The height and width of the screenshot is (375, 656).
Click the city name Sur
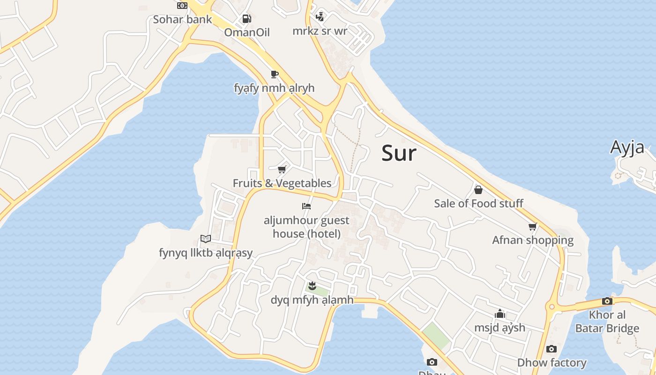(399, 153)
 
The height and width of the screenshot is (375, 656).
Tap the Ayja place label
(627, 147)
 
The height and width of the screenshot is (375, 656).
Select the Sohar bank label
(182, 20)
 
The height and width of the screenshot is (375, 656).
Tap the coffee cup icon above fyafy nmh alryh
(275, 74)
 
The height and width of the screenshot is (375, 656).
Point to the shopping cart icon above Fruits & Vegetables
(282, 169)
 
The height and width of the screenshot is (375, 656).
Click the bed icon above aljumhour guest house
(306, 206)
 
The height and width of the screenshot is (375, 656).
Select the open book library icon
(206, 239)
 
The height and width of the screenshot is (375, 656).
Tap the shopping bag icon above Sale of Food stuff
(478, 189)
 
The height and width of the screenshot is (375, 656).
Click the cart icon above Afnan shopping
(533, 226)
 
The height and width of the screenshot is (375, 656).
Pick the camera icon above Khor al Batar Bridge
(607, 301)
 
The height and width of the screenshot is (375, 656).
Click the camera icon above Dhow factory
(552, 349)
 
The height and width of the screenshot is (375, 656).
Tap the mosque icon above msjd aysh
(500, 313)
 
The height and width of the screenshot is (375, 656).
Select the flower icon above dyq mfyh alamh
(312, 285)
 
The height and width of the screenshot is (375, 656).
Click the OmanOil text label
(247, 32)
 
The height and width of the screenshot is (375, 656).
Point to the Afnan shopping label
(533, 240)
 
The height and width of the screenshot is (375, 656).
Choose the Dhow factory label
(552, 362)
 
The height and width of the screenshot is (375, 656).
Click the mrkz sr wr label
(320, 31)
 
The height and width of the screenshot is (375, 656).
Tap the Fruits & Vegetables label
(282, 183)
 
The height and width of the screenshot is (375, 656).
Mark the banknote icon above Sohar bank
(182, 6)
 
